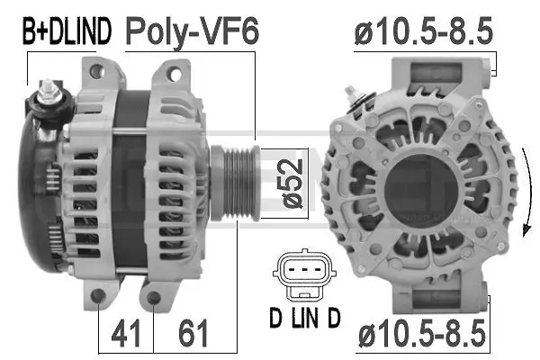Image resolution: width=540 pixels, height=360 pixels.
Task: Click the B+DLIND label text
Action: [67, 32]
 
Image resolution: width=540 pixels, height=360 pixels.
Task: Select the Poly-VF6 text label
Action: [191, 32]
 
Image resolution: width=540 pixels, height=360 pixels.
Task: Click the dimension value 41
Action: [126, 334]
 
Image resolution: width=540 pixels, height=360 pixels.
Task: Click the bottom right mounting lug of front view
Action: [470, 290]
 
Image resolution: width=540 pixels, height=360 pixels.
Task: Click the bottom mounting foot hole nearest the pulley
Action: [154, 298]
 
